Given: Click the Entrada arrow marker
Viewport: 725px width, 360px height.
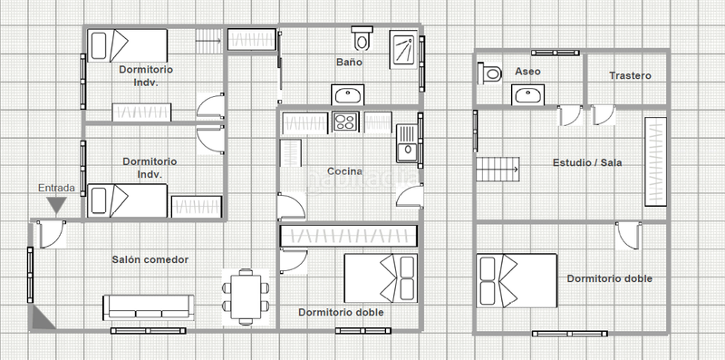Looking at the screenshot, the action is [57, 206].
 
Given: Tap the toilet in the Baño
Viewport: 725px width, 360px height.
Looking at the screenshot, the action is [362, 38].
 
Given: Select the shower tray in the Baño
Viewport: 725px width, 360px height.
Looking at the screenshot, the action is [403, 50].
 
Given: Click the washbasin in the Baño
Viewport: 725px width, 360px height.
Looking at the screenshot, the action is [348, 95].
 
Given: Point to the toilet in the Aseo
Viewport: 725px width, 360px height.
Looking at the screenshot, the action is [490, 73].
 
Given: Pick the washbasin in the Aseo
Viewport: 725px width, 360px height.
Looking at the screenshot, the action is [527, 95].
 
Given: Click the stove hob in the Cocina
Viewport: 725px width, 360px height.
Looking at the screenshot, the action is [345, 122].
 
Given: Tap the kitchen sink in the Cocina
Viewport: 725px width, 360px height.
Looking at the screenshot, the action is [407, 143].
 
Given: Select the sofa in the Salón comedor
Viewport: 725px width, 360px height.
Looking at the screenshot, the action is [149, 307].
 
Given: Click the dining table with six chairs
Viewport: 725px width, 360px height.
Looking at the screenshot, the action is [246, 297].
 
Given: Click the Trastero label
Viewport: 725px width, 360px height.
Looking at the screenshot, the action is [630, 75].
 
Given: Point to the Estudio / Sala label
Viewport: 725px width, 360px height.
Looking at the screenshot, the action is [587, 163].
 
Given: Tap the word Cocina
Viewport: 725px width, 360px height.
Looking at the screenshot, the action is [345, 171].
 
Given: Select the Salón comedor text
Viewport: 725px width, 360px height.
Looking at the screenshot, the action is [150, 259].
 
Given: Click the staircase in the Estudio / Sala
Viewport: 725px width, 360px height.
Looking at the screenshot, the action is [498, 170].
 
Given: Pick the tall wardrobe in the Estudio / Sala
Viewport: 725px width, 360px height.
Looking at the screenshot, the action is [655, 161].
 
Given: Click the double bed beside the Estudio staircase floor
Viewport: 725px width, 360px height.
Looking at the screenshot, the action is [517, 280].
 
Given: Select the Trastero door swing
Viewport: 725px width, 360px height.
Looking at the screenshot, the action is [604, 115].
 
